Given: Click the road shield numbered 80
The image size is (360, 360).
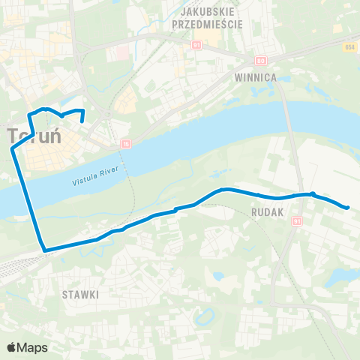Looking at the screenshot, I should point(260,60).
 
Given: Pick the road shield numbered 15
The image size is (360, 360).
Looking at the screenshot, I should point(126,143).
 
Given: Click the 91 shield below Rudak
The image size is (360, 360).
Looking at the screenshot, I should point(297,221).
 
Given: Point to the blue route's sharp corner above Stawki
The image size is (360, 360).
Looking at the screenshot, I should point(45,250).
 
